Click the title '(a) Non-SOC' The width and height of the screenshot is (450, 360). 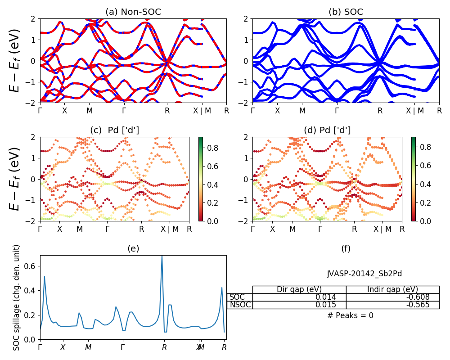coord(133,12)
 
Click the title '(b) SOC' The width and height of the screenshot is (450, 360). coord(346,12)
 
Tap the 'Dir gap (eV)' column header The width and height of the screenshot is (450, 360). coord(299,289)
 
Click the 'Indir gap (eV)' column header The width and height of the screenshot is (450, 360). coord(392,289)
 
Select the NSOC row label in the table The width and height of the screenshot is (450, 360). coord(240,305)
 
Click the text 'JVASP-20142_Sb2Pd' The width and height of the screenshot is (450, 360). coord(364,274)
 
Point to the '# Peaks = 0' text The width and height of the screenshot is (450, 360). coord(350,315)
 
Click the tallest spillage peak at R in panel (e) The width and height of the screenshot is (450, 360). coord(162,256)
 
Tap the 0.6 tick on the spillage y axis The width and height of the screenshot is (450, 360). coord(31,266)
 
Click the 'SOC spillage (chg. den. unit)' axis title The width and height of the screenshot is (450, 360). coord(17,297)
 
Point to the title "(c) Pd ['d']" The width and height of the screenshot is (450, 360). coord(114,130)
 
